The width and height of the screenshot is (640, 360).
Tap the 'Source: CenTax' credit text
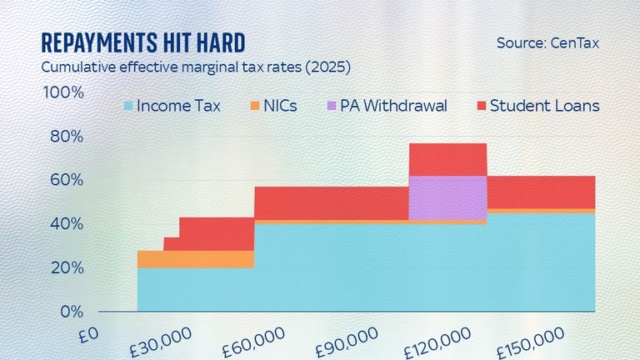pyautogui.click(x=547, y=42)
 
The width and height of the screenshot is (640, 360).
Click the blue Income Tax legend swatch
pyautogui.click(x=127, y=106)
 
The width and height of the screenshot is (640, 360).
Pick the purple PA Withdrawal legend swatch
pyautogui.click(x=332, y=106)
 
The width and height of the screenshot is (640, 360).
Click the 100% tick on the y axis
pyautogui.click(x=64, y=92)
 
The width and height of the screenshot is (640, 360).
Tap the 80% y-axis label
pyautogui.click(x=67, y=137)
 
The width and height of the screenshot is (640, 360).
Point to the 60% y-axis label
pyautogui.click(x=67, y=180)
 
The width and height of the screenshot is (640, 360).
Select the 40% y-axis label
pyautogui.click(x=67, y=224)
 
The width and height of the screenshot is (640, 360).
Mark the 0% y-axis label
pyautogui.click(x=70, y=312)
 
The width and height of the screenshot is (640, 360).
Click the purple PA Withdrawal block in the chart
pyautogui.click(x=447, y=197)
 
